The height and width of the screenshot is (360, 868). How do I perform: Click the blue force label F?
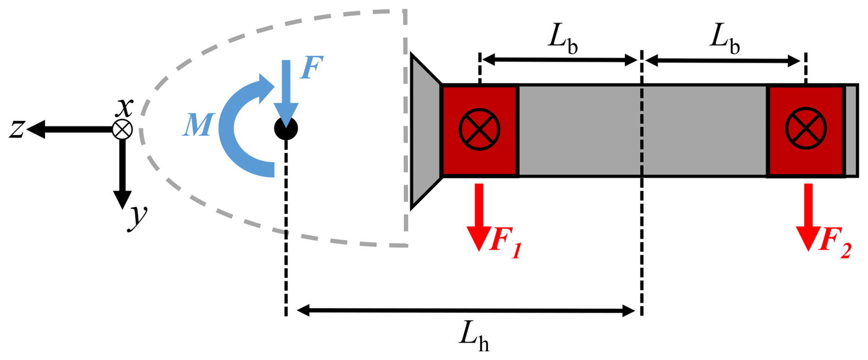pyautogui.click(x=312, y=68)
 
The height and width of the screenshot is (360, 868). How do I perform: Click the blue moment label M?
pyautogui.click(x=198, y=125)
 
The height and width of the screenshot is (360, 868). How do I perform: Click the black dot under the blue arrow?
pyautogui.click(x=286, y=128)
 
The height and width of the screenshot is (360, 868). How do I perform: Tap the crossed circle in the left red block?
pyautogui.click(x=479, y=129)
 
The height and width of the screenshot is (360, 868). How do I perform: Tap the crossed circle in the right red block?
pyautogui.click(x=806, y=129)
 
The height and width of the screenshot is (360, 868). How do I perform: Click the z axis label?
pyautogui.click(x=17, y=129)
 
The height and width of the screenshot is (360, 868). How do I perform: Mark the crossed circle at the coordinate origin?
pyautogui.click(x=122, y=129)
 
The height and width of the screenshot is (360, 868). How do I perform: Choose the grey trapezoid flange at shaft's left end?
pyautogui.click(x=425, y=131)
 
